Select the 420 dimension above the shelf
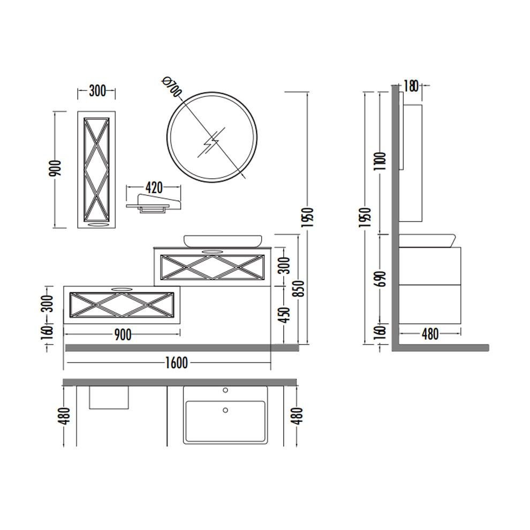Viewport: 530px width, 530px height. pyautogui.click(x=154, y=187)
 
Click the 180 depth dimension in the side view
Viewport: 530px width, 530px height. pyautogui.click(x=411, y=86)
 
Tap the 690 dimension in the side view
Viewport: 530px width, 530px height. pyautogui.click(x=381, y=279)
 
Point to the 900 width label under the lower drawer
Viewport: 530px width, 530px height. pyautogui.click(x=123, y=335)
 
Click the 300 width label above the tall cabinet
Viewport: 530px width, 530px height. pyautogui.click(x=97, y=91)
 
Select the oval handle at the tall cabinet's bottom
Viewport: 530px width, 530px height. pyautogui.click(x=96, y=225)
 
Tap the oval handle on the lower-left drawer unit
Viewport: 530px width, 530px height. pyautogui.click(x=122, y=290)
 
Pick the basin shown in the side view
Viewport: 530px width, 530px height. pyautogui.click(x=427, y=240)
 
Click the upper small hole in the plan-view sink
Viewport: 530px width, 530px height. pyautogui.click(x=225, y=390)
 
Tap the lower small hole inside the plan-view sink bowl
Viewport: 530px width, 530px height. pyautogui.click(x=225, y=410)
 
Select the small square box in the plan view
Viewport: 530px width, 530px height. pyautogui.click(x=109, y=397)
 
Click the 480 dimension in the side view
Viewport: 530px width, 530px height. pyautogui.click(x=430, y=335)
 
